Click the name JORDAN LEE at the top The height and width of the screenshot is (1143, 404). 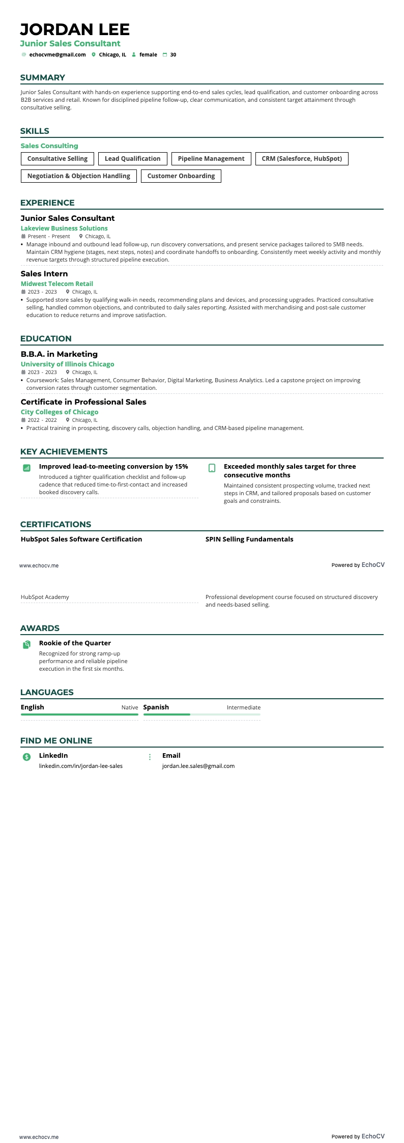pos(75,29)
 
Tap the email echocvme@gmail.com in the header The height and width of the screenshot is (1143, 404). pos(57,55)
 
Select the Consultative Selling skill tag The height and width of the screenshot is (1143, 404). pos(57,159)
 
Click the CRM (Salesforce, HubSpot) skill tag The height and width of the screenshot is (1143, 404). pos(302,159)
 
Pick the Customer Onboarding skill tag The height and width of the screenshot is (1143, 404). pos(181,176)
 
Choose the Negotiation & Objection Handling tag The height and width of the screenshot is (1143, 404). pos(79,176)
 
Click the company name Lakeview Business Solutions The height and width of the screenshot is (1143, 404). pos(64,228)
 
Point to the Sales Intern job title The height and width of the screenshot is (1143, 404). pos(44,274)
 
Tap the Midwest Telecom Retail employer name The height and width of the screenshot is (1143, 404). pos(57,284)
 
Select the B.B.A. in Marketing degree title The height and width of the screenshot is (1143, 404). pos(59,354)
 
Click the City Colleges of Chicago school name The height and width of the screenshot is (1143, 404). pos(60,412)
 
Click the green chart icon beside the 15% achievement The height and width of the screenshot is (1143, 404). pos(27,468)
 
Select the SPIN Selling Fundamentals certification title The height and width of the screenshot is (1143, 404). pos(249,539)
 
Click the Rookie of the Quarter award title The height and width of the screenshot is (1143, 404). pos(75,643)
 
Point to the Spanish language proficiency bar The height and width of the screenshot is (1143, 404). pos(201,715)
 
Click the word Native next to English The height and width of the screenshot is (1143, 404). pos(130,707)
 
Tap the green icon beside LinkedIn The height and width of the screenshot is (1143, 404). pos(27,757)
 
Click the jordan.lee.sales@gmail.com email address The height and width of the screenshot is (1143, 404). pos(198,766)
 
